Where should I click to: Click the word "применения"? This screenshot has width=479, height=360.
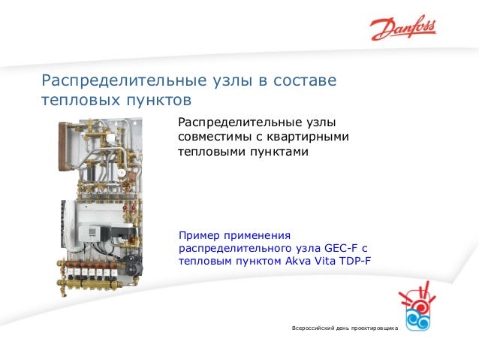(x=258, y=233)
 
